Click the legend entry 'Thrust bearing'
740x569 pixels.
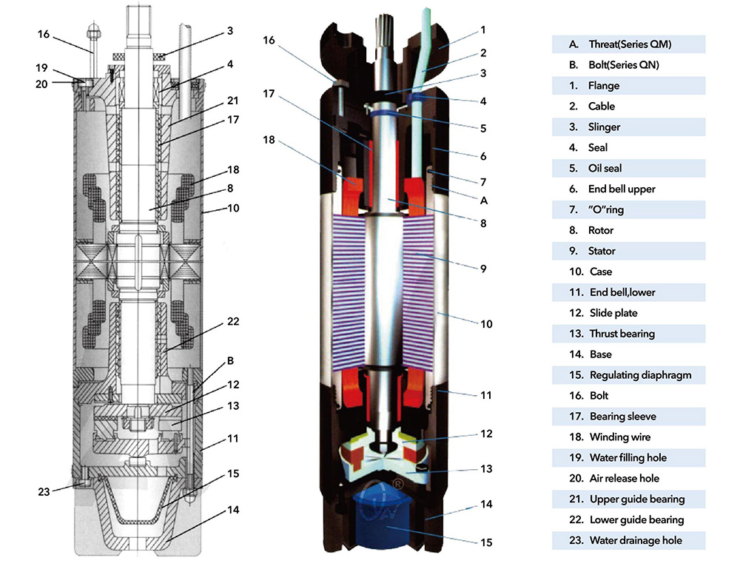(x=622, y=334)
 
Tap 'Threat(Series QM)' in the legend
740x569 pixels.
(x=630, y=44)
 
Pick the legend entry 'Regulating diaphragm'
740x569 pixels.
(x=640, y=375)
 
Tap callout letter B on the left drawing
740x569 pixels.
(x=231, y=361)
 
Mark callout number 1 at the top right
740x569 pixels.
(x=482, y=30)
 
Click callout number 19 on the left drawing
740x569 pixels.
(x=42, y=68)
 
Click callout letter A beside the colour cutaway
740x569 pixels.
(x=483, y=200)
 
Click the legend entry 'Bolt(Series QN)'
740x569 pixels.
(x=624, y=65)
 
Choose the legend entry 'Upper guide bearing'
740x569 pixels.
(x=636, y=499)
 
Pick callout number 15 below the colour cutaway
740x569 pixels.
(x=485, y=542)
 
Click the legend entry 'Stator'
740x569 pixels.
(x=602, y=251)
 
